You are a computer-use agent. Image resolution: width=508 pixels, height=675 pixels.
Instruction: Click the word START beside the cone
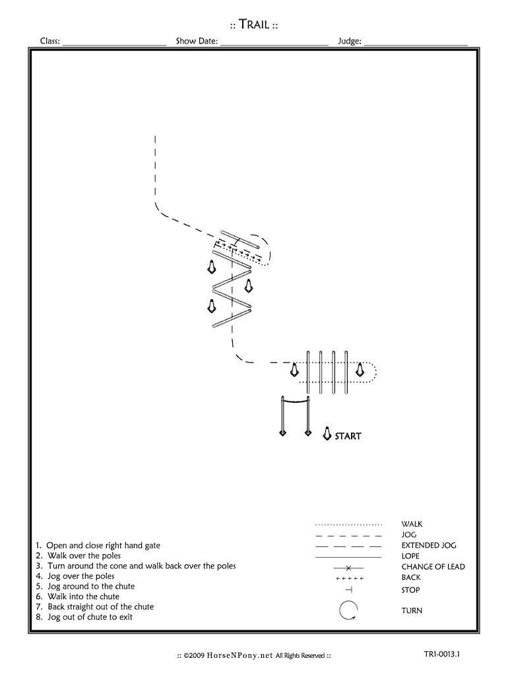[348, 436]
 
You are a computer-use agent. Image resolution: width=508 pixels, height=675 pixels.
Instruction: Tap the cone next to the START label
[327, 434]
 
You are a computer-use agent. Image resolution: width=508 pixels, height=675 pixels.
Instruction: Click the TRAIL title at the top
[254, 24]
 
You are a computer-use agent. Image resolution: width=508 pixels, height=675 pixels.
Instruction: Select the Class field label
[50, 41]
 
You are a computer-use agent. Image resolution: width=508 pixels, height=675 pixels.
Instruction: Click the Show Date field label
[197, 41]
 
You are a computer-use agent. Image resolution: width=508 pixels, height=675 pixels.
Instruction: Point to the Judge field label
[350, 41]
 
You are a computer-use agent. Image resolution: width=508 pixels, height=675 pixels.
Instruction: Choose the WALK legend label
[412, 524]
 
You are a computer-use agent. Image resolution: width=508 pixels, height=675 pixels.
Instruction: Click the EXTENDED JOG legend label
[429, 545]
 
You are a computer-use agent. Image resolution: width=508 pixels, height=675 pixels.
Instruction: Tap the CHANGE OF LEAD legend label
[433, 566]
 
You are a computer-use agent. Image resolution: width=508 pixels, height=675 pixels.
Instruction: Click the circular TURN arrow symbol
[348, 610]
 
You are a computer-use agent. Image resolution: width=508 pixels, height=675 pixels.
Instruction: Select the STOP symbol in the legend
[349, 589]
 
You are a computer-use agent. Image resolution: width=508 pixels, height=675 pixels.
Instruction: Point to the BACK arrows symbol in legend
[350, 578]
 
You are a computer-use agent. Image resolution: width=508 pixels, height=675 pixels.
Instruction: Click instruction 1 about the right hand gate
[98, 545]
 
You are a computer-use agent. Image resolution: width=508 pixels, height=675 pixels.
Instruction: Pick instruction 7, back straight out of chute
[95, 606]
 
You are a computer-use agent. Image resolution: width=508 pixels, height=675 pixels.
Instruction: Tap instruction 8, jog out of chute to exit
[84, 617]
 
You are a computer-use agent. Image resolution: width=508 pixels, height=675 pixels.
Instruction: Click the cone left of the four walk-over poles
[294, 370]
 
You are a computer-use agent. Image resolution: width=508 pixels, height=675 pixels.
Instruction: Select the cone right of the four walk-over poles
[360, 370]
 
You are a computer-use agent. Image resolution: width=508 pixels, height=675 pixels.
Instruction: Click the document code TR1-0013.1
[441, 654]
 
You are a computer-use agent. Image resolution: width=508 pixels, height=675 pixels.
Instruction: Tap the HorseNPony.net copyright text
[254, 656]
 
